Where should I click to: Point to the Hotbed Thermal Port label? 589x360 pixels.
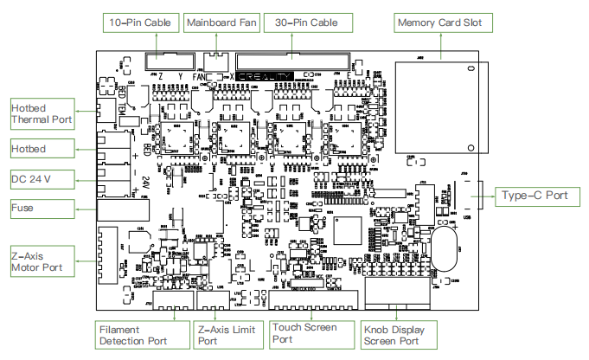click(41, 113)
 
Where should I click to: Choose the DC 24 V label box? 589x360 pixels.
click(41, 179)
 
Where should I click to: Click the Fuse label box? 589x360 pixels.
click(41, 209)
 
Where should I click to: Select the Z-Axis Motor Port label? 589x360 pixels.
click(41, 262)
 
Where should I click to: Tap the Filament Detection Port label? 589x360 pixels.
click(138, 335)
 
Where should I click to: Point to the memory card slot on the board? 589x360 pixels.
click(438, 105)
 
